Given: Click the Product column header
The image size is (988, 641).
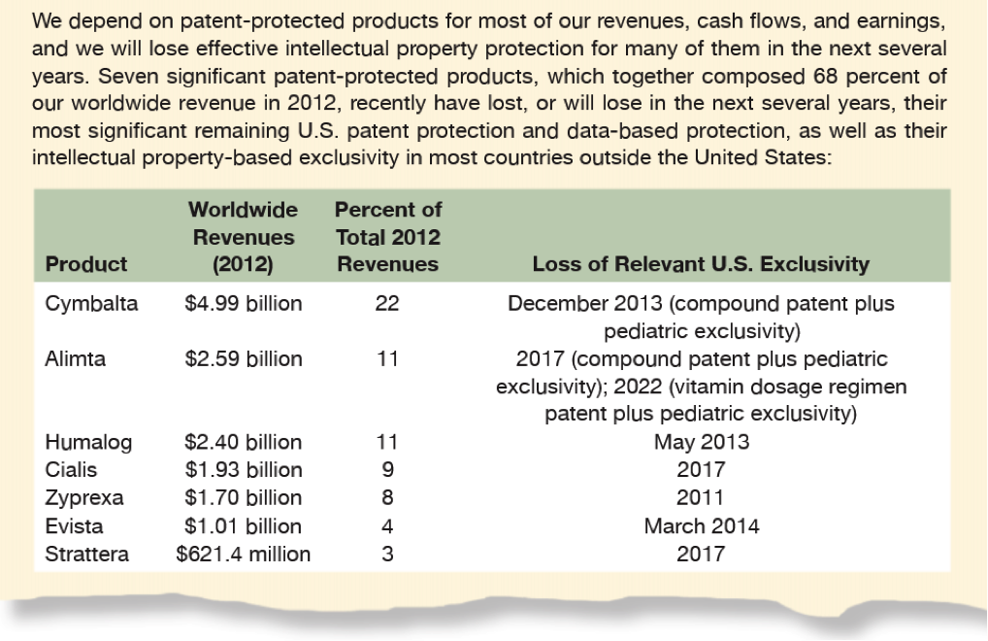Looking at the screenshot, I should (86, 264).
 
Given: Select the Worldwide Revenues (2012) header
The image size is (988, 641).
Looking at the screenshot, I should (243, 237).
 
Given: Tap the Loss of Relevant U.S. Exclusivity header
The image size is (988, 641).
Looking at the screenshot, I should (701, 264).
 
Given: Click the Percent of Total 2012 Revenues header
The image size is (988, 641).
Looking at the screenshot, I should (387, 237).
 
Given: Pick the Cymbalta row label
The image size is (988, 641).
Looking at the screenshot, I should (91, 304).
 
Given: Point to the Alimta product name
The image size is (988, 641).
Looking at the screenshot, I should (76, 359).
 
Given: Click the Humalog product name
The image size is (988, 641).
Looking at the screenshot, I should (88, 443).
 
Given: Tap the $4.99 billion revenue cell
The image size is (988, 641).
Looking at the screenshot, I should (243, 304).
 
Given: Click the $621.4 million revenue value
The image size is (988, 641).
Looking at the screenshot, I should (243, 555).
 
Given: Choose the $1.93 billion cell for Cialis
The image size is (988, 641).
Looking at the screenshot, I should (243, 470).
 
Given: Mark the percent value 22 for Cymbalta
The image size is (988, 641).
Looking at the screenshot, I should (387, 304).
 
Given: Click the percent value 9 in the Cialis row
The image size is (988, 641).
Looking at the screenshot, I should (387, 470).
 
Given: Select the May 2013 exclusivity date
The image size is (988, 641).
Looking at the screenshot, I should (701, 443).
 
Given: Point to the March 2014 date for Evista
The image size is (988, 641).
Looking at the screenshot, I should (701, 526).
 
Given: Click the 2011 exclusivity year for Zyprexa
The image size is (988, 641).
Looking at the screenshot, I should (701, 498).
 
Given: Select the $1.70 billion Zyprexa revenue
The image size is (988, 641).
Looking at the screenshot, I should (243, 498).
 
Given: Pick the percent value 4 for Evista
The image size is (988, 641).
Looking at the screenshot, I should (387, 526).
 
